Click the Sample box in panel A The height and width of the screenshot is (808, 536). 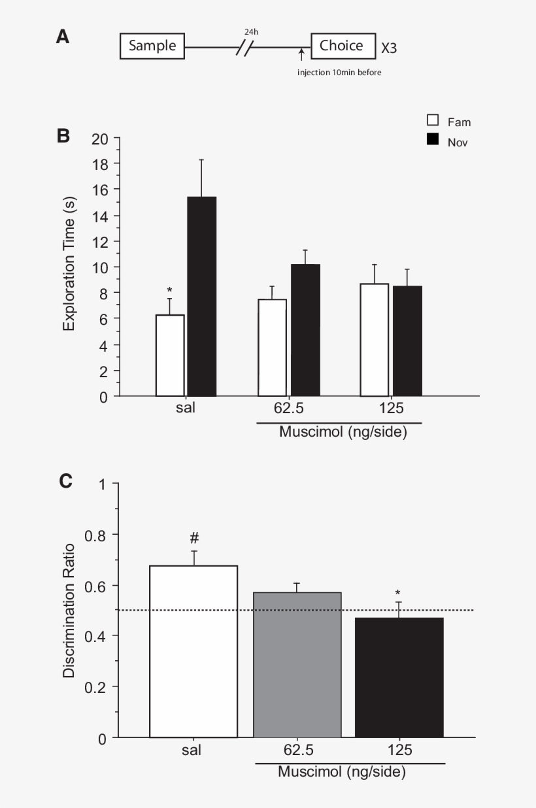(x=152, y=46)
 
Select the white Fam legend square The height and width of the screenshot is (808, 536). (x=433, y=120)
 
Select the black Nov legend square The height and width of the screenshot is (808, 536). (x=433, y=139)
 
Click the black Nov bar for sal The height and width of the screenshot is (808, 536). (x=201, y=296)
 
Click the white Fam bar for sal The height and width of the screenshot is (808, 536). (x=170, y=355)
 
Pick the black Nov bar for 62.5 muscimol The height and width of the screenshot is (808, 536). (x=305, y=330)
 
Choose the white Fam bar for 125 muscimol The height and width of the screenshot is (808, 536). (x=375, y=340)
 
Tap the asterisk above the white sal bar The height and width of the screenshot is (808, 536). (x=169, y=290)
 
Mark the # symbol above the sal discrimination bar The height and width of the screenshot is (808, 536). (x=194, y=538)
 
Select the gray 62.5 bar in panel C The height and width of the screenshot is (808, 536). (x=297, y=664)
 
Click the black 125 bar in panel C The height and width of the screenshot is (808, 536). (x=399, y=677)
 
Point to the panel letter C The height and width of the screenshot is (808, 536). (x=65, y=481)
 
